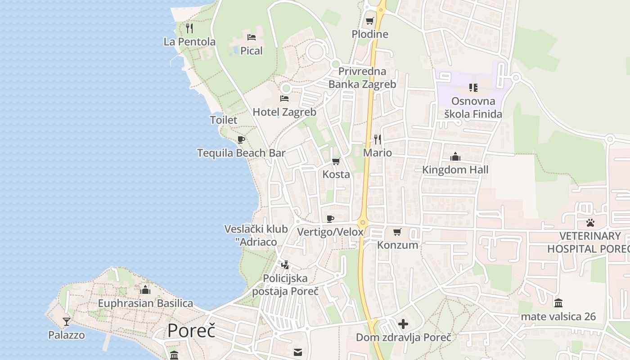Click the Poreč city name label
point(191,331)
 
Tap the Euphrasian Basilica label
point(145,303)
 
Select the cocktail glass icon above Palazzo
point(67,321)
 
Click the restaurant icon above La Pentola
point(189,28)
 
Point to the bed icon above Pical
point(252,37)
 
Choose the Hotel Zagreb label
point(284,112)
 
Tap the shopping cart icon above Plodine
point(370,21)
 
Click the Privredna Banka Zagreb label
point(362,78)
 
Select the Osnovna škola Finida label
point(473,108)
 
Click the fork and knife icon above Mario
point(378,139)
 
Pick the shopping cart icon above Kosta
point(336,161)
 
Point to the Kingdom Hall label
point(455,170)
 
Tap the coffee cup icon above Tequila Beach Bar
point(241,139)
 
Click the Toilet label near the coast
point(224,120)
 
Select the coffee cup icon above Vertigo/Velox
point(330,219)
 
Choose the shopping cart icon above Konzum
point(397,232)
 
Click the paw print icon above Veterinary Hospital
point(590,222)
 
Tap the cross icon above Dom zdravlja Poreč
point(403,324)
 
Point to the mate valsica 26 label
point(558,317)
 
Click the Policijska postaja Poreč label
point(285,284)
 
